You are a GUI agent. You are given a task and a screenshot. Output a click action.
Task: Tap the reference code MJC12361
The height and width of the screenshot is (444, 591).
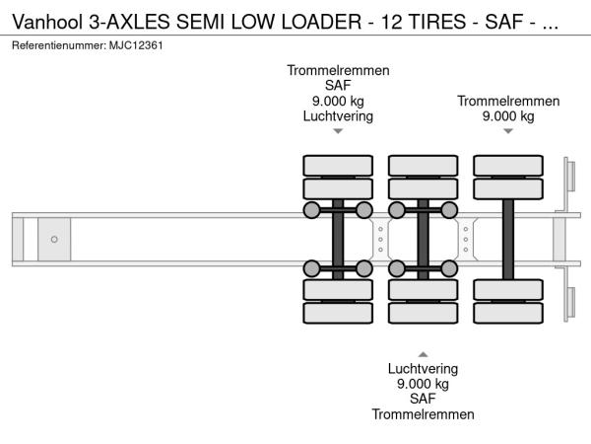pyautogui.click(x=135, y=46)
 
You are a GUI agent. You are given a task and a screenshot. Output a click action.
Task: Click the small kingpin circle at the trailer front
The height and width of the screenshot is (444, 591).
pyautogui.click(x=54, y=239)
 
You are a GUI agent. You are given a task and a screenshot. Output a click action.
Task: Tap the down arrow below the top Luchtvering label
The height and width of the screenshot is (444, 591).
pyautogui.click(x=338, y=131)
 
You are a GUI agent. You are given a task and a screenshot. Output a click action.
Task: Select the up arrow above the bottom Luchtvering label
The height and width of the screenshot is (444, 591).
pyautogui.click(x=423, y=353)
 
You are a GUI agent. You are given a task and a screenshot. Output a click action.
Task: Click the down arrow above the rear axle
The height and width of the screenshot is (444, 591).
pyautogui.click(x=508, y=131)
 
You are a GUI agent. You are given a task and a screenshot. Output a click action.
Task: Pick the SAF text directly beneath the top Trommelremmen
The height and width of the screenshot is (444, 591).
pyautogui.click(x=338, y=86)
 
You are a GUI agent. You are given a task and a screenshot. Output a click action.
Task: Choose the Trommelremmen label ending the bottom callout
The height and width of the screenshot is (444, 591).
pyautogui.click(x=423, y=414)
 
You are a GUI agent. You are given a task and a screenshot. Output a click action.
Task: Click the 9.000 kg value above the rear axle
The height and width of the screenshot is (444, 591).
pyautogui.click(x=508, y=116)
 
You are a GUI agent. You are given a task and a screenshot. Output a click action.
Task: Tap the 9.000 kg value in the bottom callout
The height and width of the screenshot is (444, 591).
pyautogui.click(x=423, y=384)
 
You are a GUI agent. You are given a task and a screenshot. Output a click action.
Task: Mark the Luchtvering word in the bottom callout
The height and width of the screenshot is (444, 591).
pyautogui.click(x=423, y=368)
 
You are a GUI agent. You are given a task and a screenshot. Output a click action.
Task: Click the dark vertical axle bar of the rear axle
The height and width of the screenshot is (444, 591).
pyautogui.click(x=508, y=239)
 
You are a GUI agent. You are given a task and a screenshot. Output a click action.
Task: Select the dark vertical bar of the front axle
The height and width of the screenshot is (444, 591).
pyautogui.click(x=338, y=239)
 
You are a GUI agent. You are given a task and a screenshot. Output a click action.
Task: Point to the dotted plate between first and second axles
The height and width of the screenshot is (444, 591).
pyautogui.click(x=380, y=239)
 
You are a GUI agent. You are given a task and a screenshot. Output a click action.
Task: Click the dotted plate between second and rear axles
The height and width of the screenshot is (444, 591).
pyautogui.click(x=466, y=239)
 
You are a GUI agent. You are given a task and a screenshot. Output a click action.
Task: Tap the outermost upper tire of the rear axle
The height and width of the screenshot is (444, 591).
pyautogui.click(x=508, y=164)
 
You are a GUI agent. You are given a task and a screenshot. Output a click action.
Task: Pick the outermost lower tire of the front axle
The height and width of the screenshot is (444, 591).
pyautogui.click(x=338, y=314)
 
